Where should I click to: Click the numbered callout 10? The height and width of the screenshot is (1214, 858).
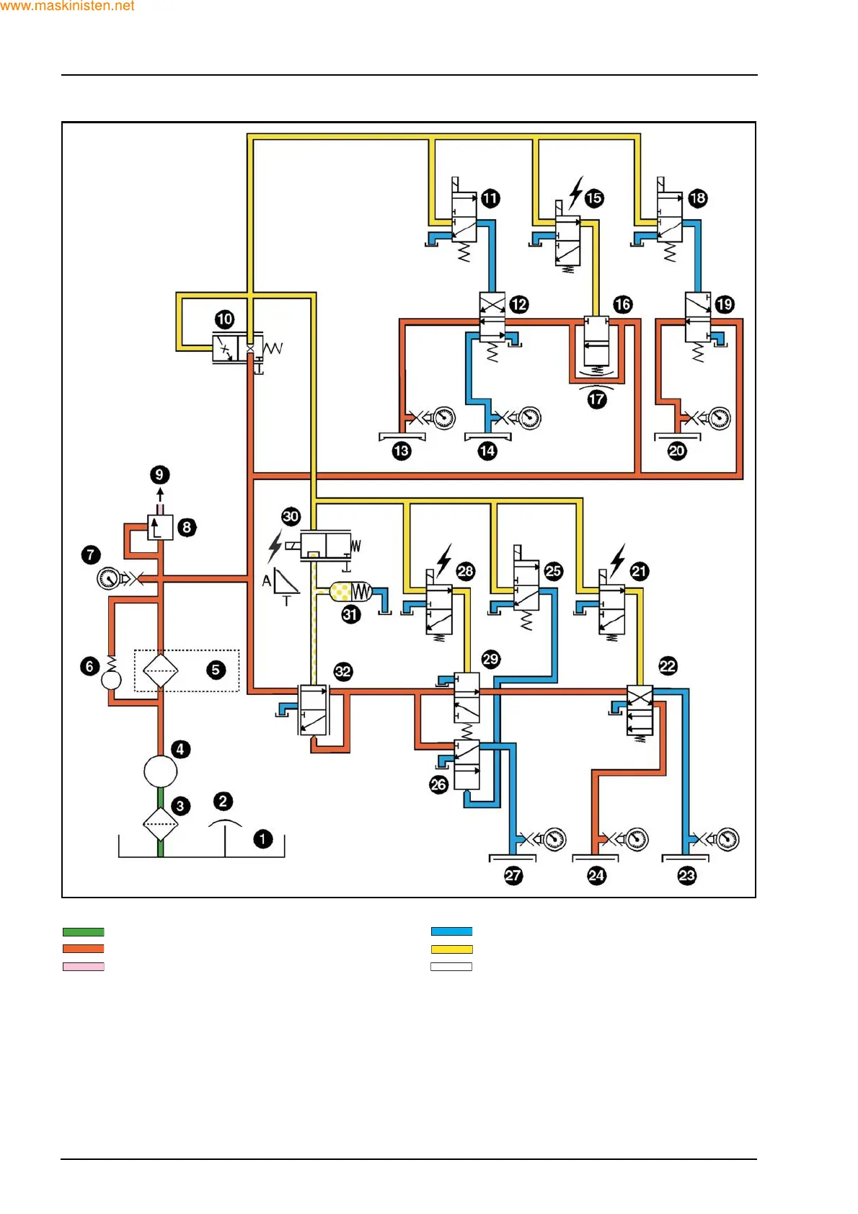click(225, 319)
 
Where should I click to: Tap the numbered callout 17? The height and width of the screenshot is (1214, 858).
click(597, 399)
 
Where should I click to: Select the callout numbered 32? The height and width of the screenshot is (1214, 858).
click(343, 672)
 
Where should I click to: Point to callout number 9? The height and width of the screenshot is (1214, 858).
click(160, 475)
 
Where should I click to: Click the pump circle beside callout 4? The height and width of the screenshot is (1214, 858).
click(160, 771)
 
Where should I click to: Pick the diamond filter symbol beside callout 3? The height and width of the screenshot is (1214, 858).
click(160, 823)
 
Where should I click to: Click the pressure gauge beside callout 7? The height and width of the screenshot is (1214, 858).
click(109, 578)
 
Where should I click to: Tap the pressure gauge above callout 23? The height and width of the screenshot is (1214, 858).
click(727, 839)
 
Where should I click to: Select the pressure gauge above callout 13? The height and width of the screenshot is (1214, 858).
click(444, 418)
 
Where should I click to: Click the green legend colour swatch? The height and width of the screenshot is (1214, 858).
click(84, 931)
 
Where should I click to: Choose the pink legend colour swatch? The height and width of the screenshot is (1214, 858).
click(84, 967)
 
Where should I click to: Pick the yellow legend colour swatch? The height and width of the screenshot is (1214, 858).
click(451, 949)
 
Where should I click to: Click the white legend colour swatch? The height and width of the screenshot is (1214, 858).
click(451, 967)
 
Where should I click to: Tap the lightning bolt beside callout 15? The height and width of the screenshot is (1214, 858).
click(575, 192)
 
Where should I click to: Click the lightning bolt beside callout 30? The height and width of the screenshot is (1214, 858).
click(275, 546)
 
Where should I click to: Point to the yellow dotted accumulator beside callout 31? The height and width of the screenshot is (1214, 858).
click(341, 593)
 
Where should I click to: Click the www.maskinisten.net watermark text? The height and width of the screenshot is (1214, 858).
click(67, 6)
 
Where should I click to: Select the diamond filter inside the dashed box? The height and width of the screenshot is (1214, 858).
click(160, 670)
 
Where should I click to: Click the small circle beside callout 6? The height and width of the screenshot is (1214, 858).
click(111, 680)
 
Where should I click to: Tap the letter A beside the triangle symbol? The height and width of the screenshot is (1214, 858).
click(267, 580)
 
